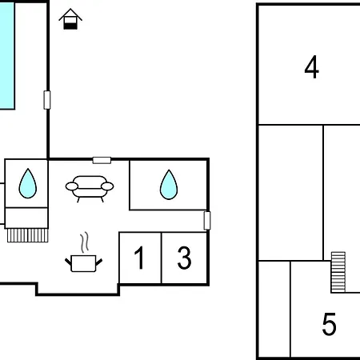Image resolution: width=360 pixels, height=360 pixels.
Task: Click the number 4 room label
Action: [311, 67]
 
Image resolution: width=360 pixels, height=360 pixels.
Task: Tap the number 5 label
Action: [329, 324]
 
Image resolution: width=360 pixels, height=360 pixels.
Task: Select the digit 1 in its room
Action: [140, 258]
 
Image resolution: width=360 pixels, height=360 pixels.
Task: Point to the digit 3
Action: [184, 258]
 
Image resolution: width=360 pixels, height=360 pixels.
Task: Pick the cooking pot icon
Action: [84, 263]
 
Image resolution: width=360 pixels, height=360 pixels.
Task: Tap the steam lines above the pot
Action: [84, 242]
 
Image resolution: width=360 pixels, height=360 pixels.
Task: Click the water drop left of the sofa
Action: [28, 183]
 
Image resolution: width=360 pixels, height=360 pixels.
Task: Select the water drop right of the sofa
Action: [169, 185]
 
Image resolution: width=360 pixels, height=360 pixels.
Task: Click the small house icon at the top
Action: [70, 18]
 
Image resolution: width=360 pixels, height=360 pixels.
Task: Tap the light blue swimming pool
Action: [7, 55]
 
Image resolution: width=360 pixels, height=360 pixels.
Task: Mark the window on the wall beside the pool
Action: [47, 100]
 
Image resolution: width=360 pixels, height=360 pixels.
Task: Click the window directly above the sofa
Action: [102, 160]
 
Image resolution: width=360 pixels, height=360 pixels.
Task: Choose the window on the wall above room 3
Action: [207, 221]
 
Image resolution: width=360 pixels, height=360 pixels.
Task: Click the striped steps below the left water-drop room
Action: [28, 235]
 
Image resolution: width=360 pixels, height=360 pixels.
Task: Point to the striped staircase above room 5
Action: [338, 272]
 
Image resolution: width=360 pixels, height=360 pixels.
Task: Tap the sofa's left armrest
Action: [72, 186]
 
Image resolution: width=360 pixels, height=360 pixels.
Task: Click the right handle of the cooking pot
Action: [99, 262]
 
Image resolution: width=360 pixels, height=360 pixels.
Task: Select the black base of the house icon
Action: [70, 26]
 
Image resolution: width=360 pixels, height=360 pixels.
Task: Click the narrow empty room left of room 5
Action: [274, 309]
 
